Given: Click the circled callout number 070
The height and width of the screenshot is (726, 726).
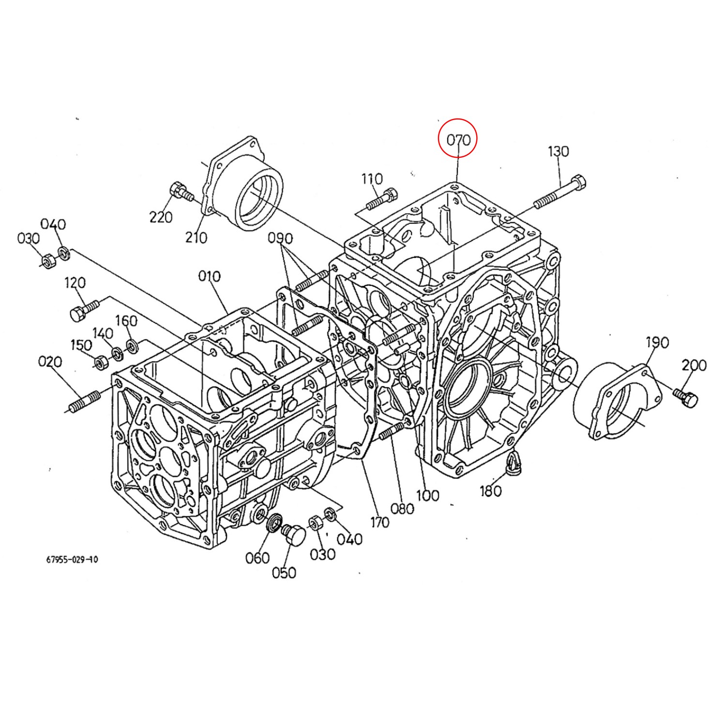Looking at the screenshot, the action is [458, 140].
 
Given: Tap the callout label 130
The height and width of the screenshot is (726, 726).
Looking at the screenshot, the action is [558, 151].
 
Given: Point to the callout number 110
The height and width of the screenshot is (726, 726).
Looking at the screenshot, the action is [372, 179].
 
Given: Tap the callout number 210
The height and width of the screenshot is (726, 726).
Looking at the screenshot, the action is [196, 237].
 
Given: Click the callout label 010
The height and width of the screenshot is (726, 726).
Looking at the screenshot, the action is [209, 276].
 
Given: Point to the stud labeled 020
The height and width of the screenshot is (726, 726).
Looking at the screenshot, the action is [84, 401].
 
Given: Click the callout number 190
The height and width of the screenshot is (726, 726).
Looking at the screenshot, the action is [657, 343].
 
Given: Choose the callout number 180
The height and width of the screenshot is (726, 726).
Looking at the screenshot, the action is [491, 491].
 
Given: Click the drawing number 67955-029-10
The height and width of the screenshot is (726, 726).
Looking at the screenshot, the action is [72, 560].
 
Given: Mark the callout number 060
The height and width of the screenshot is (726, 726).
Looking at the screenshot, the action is [257, 558].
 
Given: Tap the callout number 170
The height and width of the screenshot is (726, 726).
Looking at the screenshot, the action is [379, 522].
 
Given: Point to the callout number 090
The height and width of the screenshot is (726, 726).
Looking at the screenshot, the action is [281, 239].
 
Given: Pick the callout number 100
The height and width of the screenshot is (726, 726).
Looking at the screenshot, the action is [428, 495].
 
